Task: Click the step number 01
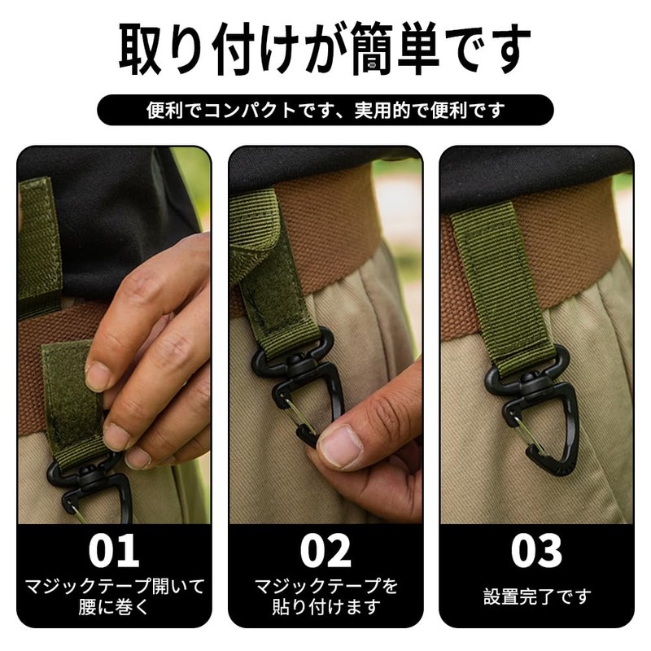pos(113,550)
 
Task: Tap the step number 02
pos(325,550)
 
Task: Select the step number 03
pos(536,550)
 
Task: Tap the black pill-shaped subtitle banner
pos(325,110)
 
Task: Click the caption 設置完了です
pos(536,596)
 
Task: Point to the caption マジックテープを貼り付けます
pos(325,596)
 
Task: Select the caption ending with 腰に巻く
pos(113,596)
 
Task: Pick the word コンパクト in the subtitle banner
pos(247,110)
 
